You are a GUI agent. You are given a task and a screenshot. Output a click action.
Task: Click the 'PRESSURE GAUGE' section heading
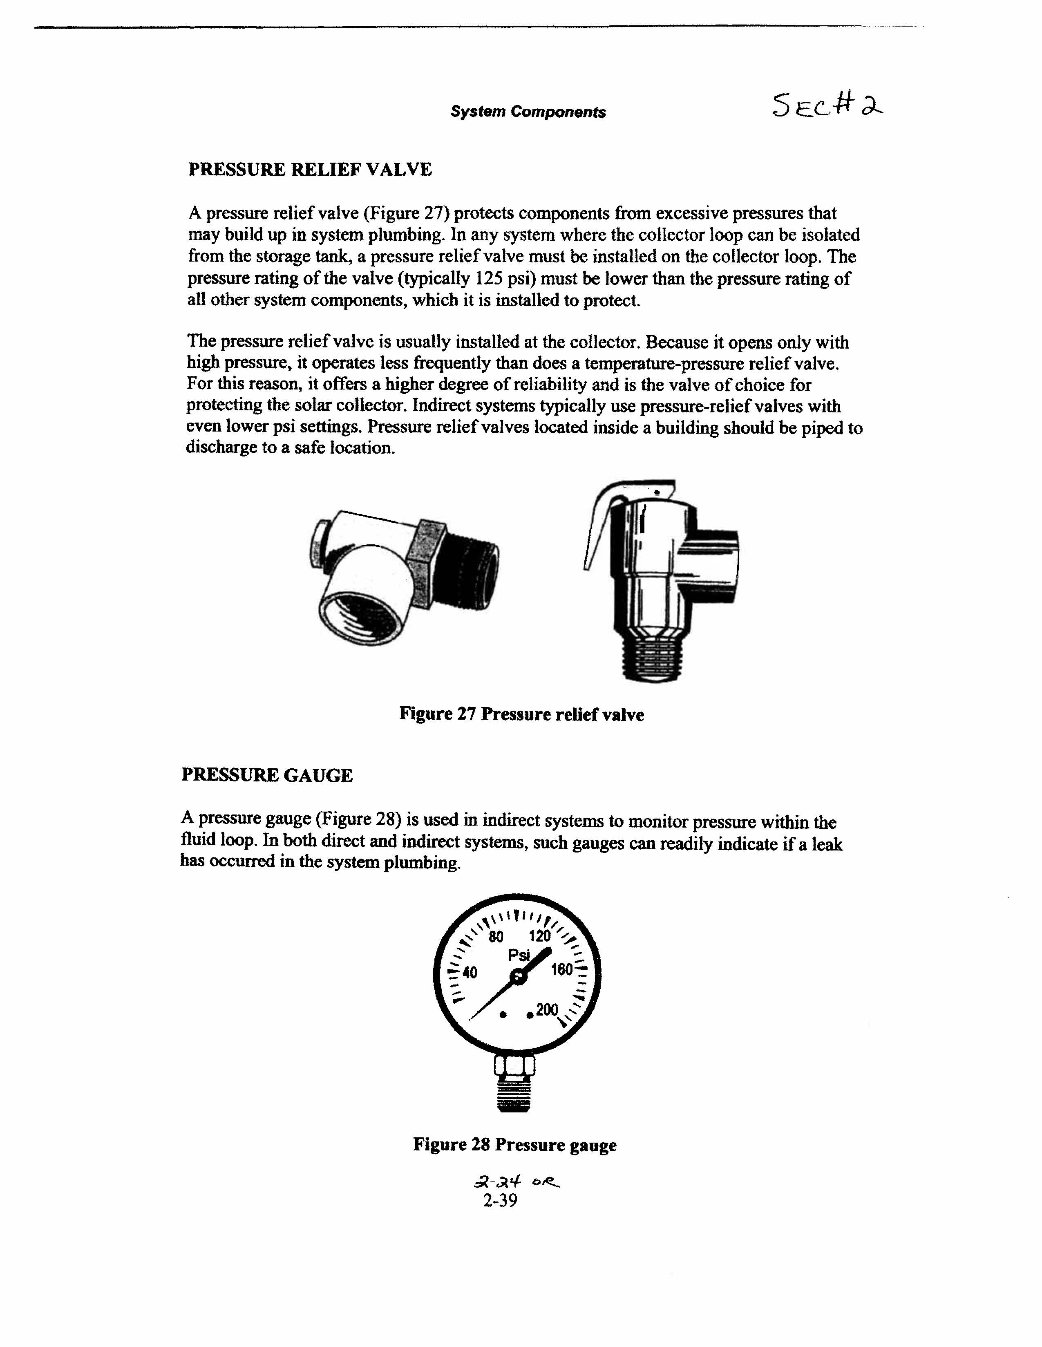pos(267,775)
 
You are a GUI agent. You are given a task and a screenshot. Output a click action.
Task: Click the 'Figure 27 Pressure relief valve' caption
pos(521,714)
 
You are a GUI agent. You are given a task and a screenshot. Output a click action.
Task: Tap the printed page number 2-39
pos(500,1200)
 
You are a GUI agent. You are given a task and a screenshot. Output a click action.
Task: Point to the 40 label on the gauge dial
pos(470,973)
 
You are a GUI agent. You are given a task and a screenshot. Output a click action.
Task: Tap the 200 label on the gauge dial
pos(547,1009)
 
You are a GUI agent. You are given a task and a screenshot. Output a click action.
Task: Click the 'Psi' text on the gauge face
pos(519,955)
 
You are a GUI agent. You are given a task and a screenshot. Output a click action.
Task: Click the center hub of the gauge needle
pos(519,976)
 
